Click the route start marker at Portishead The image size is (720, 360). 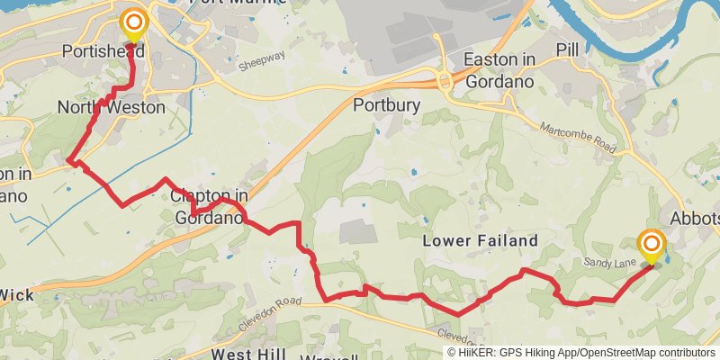[134, 22]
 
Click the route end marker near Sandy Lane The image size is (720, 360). [651, 245]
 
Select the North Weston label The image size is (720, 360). [111, 108]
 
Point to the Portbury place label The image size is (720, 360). [386, 105]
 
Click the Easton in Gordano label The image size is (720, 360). [498, 70]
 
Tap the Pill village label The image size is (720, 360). [568, 49]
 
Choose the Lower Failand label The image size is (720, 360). [481, 240]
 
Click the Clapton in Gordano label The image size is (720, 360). [209, 206]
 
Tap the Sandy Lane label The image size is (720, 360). [609, 260]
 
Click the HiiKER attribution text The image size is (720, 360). [580, 353]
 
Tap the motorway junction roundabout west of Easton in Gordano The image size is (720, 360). [445, 80]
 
